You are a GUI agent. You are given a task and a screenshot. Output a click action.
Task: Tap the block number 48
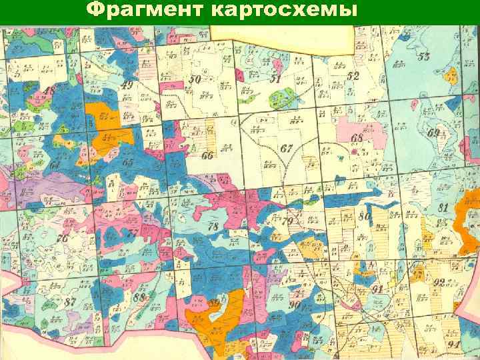(49, 91)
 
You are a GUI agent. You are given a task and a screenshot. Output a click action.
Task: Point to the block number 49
(127, 86)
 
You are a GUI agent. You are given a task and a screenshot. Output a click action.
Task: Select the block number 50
(195, 80)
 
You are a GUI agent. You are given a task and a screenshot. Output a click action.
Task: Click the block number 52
(353, 76)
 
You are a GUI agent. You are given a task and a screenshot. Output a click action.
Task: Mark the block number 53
(424, 55)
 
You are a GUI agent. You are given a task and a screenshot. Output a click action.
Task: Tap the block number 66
(207, 156)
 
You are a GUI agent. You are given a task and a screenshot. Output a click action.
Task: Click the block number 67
(287, 148)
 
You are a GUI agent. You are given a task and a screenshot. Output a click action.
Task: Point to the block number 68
(357, 139)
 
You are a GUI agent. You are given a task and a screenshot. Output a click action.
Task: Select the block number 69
(434, 133)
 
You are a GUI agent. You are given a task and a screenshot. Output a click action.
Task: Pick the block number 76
(63, 238)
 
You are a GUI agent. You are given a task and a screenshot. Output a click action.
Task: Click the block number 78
(213, 227)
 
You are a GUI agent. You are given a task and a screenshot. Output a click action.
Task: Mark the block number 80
(364, 216)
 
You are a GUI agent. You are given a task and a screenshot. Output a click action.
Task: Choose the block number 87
(71, 302)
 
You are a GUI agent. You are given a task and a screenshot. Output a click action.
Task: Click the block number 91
(377, 289)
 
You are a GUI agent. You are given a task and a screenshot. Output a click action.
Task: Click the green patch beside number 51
(283, 99)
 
